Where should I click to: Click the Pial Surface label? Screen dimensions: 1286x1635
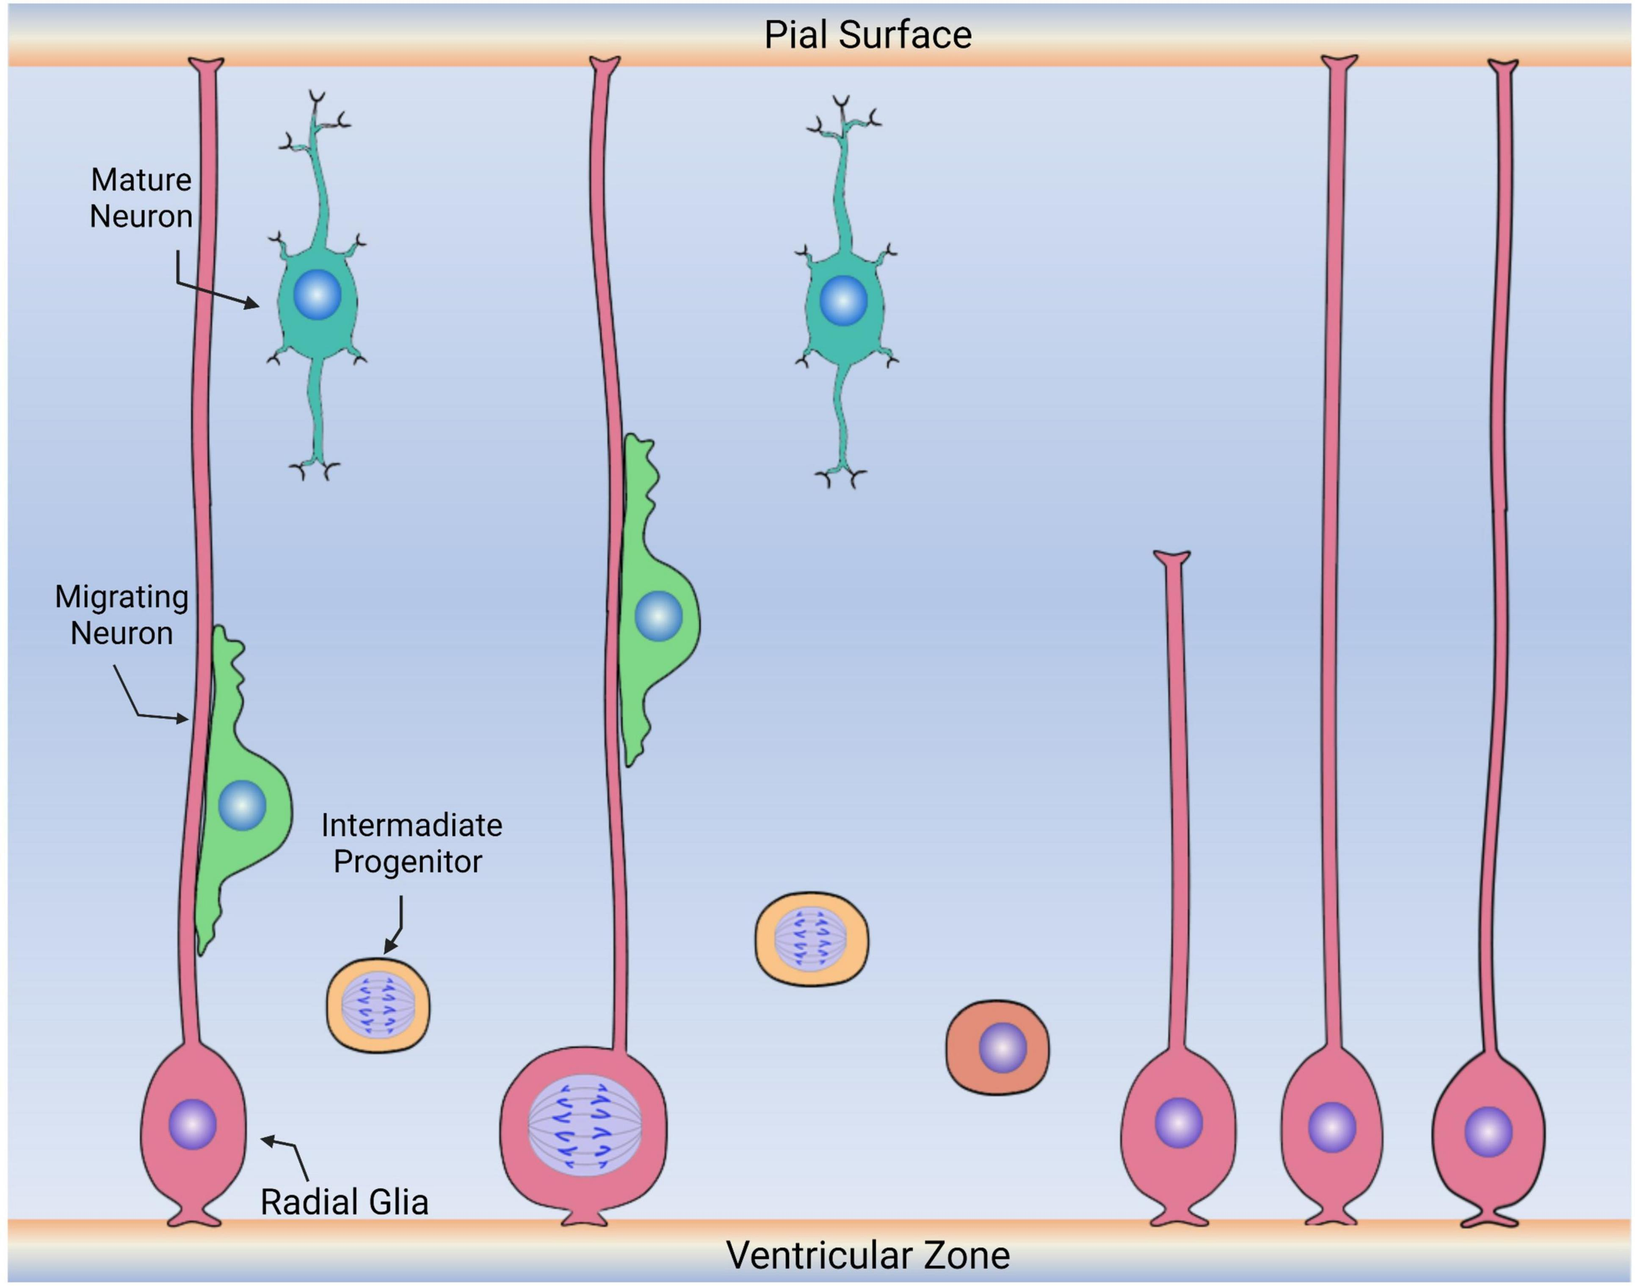tap(867, 35)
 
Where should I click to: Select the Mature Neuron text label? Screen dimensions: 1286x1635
tap(141, 198)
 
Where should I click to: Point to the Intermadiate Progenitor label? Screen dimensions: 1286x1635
tap(411, 843)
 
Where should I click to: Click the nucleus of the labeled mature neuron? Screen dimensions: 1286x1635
tap(317, 295)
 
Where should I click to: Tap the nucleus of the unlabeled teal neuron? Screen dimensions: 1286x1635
tap(843, 300)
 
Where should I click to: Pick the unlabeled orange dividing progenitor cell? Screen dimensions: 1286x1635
tap(811, 939)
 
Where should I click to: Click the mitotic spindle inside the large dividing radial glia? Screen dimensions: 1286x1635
tap(584, 1125)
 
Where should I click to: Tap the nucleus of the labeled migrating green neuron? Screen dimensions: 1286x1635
tap(242, 805)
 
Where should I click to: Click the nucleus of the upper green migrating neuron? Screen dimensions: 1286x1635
tap(658, 616)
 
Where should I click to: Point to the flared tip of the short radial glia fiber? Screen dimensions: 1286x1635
tap(1172, 558)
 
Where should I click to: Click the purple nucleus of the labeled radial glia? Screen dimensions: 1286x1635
tap(193, 1124)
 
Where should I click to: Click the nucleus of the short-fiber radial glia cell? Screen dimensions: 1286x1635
tap(1179, 1123)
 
